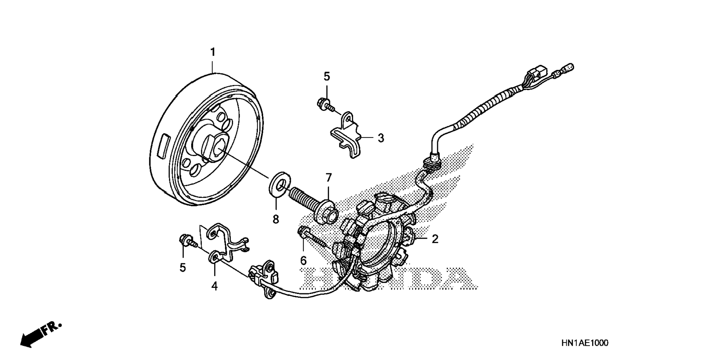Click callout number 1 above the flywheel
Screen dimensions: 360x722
pos(213,52)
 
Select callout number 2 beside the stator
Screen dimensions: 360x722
pos(435,239)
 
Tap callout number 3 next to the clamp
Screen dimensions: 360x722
pos(380,138)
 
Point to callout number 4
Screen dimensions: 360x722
pos(214,286)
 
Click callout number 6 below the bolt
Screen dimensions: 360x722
pos(303,261)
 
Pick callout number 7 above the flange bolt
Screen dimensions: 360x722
pos(329,178)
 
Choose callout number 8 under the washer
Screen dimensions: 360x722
pos(276,219)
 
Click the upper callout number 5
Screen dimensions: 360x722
pos(327,77)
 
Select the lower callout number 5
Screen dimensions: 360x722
pos(183,267)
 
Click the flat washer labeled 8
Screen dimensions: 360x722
pos(279,183)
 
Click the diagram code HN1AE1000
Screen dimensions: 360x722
pos(584,343)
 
